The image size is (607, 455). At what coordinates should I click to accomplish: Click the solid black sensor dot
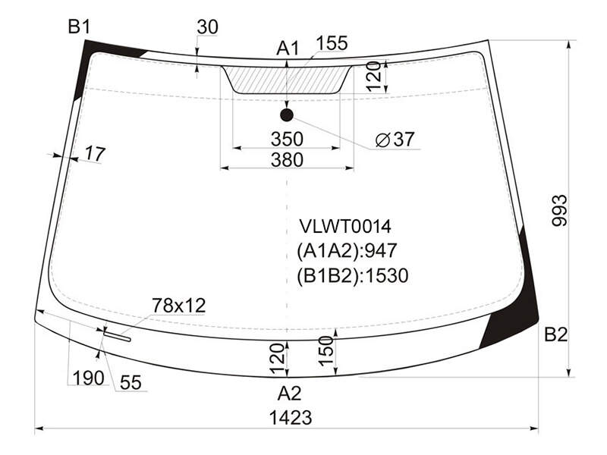tap(287, 115)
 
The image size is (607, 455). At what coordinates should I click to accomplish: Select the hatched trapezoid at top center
tap(287, 80)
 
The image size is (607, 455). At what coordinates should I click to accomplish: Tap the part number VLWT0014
tap(345, 226)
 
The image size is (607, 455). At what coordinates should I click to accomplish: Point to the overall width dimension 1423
tap(291, 418)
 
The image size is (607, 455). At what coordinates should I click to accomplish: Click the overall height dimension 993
tap(559, 211)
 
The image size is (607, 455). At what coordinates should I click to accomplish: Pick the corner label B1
tap(80, 27)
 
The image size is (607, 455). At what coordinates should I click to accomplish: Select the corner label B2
tap(556, 334)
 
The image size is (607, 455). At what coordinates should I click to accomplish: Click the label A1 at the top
tap(288, 49)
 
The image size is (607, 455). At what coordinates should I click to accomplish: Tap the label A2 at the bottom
tap(289, 394)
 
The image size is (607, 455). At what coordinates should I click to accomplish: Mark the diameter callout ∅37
tap(395, 140)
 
